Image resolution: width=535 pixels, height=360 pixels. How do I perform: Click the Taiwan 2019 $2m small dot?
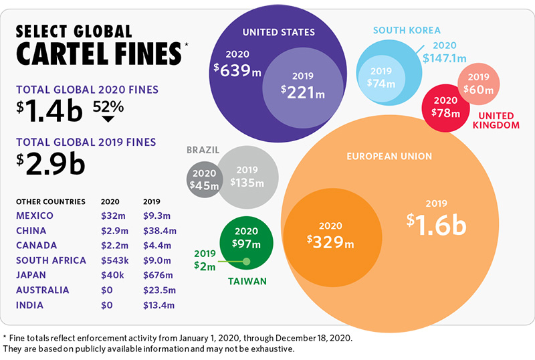pyautogui.click(x=246, y=262)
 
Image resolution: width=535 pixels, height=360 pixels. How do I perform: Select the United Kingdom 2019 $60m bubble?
pyautogui.click(x=479, y=84)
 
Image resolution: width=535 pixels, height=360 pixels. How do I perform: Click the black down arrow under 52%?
pyautogui.click(x=108, y=119)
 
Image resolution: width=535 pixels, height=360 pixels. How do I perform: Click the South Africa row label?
pyautogui.click(x=51, y=260)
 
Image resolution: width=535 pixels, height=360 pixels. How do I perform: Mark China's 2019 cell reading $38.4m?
pyautogui.click(x=158, y=230)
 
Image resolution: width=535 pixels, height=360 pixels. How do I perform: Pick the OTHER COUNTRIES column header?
pyautogui.click(x=50, y=201)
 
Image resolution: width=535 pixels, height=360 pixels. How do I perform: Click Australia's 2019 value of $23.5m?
pyautogui.click(x=158, y=290)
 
